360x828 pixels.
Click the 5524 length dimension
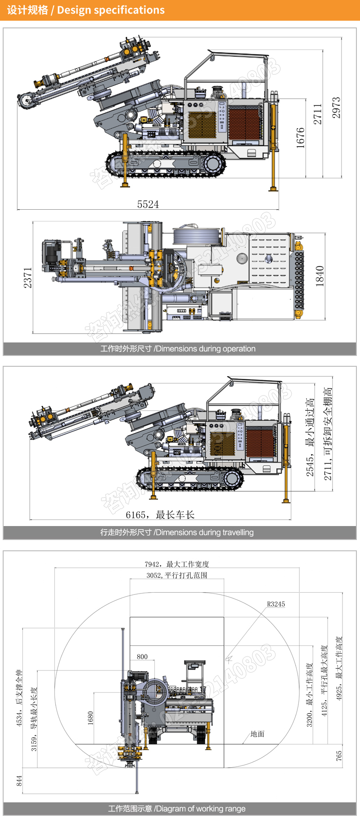148,205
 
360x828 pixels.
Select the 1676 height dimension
301,138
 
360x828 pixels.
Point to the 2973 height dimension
337,108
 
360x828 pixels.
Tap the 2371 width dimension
28,278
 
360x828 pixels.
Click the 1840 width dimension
319,276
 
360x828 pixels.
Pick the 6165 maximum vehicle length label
160,515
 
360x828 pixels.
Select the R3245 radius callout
276,604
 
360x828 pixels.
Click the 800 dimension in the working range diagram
142,657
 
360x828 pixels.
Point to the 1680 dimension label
90,718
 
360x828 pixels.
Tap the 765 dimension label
339,756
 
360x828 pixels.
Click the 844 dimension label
19,781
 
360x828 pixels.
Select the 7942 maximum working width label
177,564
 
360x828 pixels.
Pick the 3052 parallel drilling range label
177,575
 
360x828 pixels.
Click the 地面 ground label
257,734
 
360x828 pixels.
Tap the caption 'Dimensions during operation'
178,349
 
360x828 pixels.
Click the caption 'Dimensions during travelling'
177,532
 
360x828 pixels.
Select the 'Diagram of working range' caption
177,809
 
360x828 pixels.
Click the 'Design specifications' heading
86,10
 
